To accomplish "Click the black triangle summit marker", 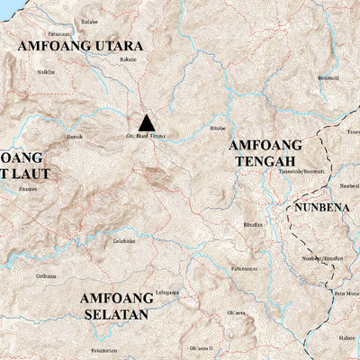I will pos(146,122).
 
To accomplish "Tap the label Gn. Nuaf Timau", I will pos(147,138).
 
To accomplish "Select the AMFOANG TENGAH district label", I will pos(260,152).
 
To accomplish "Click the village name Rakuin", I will pos(128,60).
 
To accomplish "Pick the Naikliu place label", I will pos(46,71).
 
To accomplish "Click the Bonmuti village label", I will pos(328,77).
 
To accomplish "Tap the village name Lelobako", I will pos(123,240).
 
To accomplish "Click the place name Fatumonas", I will pos(244,268).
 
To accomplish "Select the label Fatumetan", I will pos(104,349).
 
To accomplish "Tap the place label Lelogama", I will pos(167,292).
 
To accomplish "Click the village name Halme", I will pos(346,338).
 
